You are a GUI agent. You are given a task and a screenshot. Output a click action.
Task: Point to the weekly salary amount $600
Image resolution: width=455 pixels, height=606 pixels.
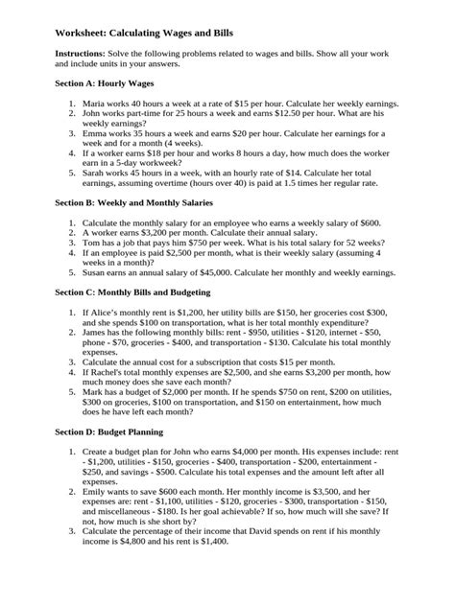click(x=366, y=221)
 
